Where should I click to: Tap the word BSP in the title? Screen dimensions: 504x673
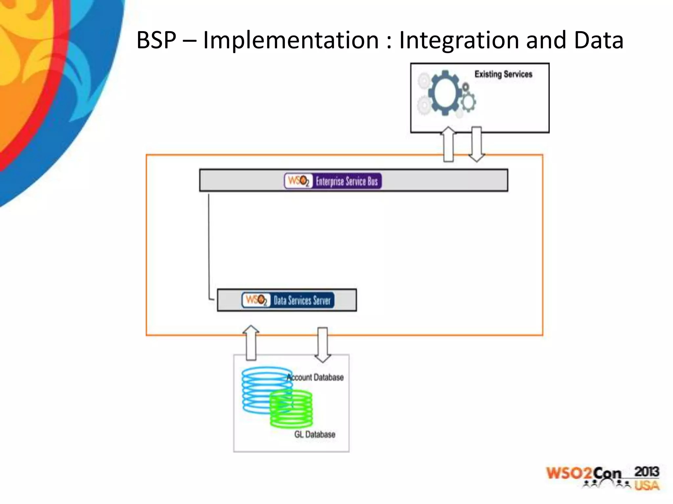pyautogui.click(x=156, y=40)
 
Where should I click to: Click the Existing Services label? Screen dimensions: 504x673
pyautogui.click(x=503, y=74)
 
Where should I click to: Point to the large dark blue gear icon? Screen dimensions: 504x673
pyautogui.click(x=445, y=93)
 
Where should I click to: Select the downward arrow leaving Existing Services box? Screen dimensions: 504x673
pyautogui.click(x=476, y=144)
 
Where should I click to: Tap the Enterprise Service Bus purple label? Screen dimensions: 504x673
pyautogui.click(x=347, y=181)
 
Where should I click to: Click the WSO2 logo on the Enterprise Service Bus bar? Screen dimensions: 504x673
pyautogui.click(x=298, y=181)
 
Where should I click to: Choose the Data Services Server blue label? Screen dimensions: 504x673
pyautogui.click(x=302, y=300)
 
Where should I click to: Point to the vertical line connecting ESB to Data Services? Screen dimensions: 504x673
pyautogui.click(x=209, y=246)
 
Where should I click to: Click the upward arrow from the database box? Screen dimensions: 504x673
pyautogui.click(x=251, y=343)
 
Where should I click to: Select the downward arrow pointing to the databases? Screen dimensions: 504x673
pyautogui.click(x=323, y=345)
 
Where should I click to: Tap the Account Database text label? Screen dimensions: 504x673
pyautogui.click(x=315, y=377)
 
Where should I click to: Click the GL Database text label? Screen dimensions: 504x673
pyautogui.click(x=314, y=434)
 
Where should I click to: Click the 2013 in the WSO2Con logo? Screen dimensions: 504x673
pyautogui.click(x=646, y=472)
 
